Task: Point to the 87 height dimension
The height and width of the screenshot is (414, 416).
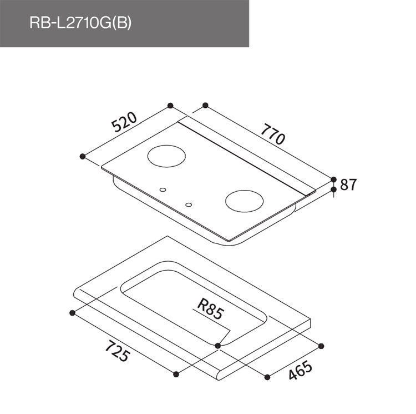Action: (348, 185)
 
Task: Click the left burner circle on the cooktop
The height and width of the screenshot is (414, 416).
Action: (167, 155)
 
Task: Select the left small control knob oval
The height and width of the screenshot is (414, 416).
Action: (163, 190)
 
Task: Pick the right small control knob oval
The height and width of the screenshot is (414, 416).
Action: (189, 204)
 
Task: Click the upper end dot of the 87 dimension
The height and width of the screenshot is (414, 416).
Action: (334, 179)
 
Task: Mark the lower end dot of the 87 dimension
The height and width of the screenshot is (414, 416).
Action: (334, 190)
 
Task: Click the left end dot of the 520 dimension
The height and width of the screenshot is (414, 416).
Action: (83, 156)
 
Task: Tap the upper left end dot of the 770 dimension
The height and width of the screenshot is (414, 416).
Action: (205, 105)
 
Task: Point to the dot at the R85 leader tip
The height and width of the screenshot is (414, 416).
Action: (217, 346)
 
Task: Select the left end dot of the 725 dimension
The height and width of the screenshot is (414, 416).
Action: (72, 313)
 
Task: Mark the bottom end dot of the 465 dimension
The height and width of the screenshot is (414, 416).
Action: (267, 377)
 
